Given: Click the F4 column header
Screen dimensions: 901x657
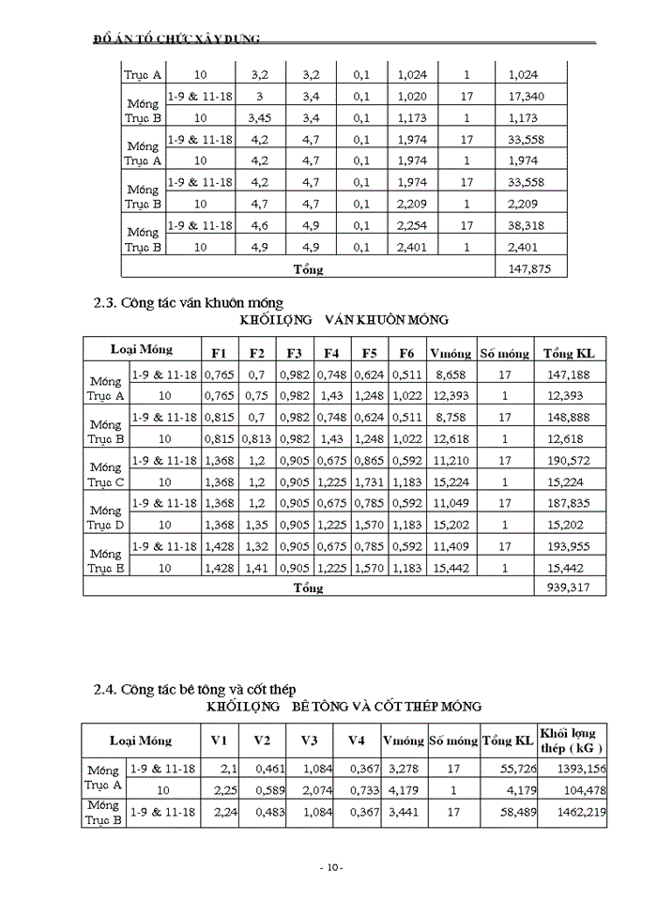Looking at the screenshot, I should (x=331, y=353).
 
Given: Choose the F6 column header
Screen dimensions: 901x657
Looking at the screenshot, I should (x=405, y=353).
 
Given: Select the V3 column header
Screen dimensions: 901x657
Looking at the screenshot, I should (x=309, y=741).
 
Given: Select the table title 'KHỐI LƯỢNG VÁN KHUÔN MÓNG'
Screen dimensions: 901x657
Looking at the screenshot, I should (x=344, y=320).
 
